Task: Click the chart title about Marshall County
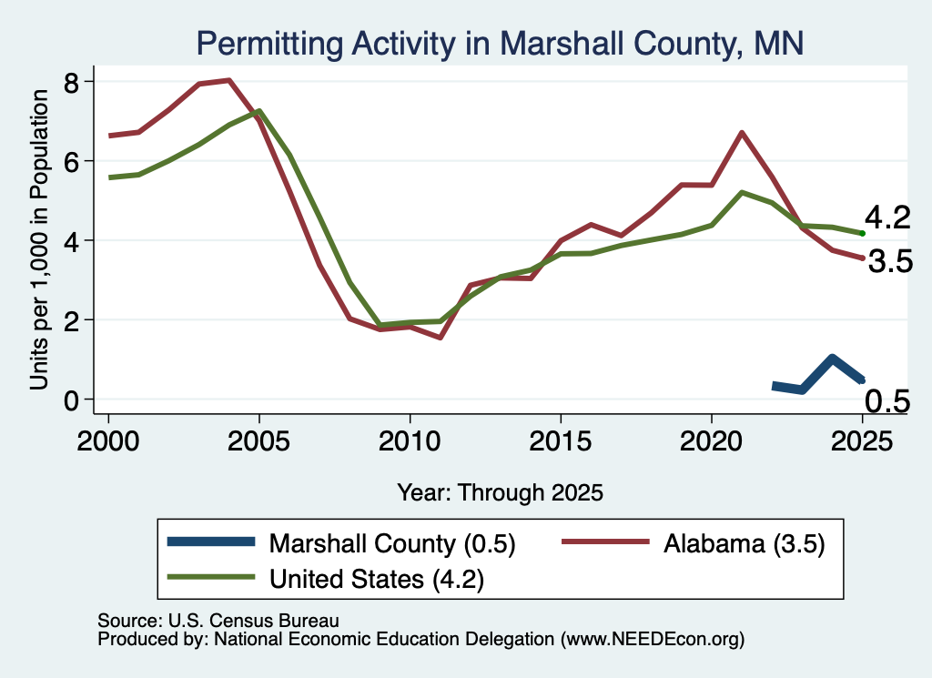tap(500, 44)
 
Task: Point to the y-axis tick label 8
tap(71, 83)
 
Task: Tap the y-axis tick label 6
tap(71, 162)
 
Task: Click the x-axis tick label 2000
tap(108, 441)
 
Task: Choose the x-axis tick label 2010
tap(410, 441)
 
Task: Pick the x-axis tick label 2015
tap(560, 441)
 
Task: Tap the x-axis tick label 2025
tap(862, 441)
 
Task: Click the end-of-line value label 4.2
tap(887, 218)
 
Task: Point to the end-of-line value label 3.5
tap(890, 261)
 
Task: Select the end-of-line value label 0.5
tap(887, 401)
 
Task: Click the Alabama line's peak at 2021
tap(741, 133)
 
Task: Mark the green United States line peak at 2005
tap(259, 111)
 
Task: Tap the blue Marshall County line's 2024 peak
tap(832, 359)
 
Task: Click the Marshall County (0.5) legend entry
tap(342, 543)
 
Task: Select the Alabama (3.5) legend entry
tap(694, 543)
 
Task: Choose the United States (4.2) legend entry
tap(326, 578)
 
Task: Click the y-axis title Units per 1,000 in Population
tap(39, 239)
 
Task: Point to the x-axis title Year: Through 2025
tap(500, 492)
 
